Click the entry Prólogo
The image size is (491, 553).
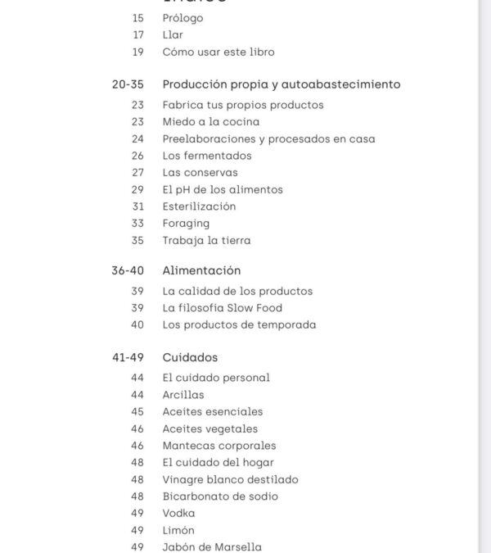click(x=182, y=18)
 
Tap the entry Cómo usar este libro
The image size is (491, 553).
click(x=218, y=52)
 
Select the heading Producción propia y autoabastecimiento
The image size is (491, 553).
click(x=282, y=84)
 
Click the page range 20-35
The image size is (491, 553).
click(x=128, y=84)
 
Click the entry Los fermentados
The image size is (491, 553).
click(x=207, y=156)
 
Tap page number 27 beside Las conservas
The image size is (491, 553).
click(x=137, y=173)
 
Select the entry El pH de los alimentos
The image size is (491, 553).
click(x=223, y=189)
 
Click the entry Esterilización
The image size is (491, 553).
click(x=199, y=206)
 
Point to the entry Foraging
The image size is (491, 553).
click(x=186, y=223)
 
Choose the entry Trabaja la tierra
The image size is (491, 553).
click(x=206, y=240)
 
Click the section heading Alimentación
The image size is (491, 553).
click(x=201, y=270)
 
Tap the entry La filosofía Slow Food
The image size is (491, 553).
click(x=223, y=308)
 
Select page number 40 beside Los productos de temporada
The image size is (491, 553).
click(x=137, y=324)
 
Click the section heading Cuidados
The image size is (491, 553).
click(x=190, y=358)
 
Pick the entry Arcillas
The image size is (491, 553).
click(x=183, y=395)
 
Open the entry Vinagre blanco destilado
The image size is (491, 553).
click(x=230, y=479)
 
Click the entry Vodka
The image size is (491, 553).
click(x=178, y=513)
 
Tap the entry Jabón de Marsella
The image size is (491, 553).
click(x=212, y=546)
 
